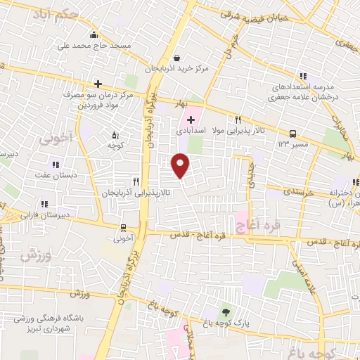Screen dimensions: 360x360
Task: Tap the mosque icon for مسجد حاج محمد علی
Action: (94, 35)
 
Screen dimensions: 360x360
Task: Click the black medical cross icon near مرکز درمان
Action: (98, 84)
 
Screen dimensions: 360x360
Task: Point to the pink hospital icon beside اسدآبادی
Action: (191, 120)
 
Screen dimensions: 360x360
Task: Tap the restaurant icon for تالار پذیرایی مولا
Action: (238, 120)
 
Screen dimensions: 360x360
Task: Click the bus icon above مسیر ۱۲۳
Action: (292, 133)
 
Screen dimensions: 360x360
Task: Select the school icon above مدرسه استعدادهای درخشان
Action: (302, 76)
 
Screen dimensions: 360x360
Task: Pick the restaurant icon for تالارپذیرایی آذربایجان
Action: (127, 181)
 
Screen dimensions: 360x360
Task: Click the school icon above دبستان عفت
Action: (56, 165)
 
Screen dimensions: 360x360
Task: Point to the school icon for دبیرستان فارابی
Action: (44, 204)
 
